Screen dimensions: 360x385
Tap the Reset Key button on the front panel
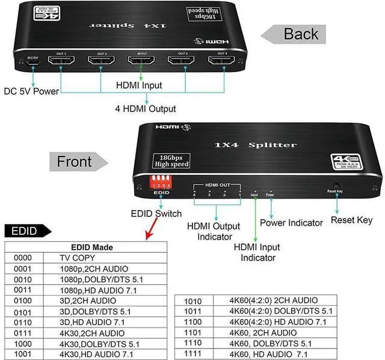[334, 188]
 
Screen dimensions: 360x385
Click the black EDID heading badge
[24, 231]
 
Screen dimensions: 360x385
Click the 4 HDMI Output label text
[146, 109]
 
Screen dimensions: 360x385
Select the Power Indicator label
[291, 223]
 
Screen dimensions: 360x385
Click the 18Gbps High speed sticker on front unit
[172, 160]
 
